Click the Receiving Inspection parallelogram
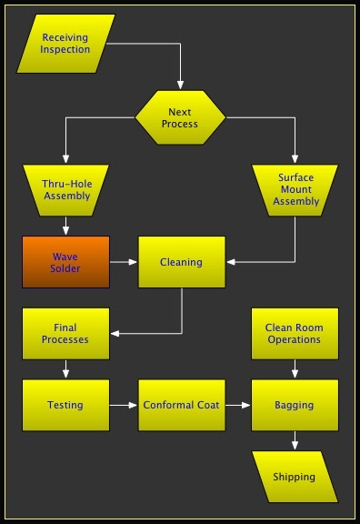click(x=65, y=43)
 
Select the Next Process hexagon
click(x=180, y=117)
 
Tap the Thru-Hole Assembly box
click(x=65, y=188)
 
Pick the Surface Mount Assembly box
click(x=295, y=188)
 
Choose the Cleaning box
click(x=182, y=262)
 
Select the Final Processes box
click(x=65, y=333)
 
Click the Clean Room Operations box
click(x=295, y=333)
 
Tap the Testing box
click(x=65, y=405)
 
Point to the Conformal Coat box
click(x=182, y=405)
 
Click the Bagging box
click(x=295, y=405)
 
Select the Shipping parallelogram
click(x=295, y=477)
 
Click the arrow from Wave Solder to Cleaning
click(x=124, y=262)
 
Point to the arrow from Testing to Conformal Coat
click(x=124, y=405)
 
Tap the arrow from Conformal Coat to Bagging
click(x=238, y=405)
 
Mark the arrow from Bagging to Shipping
click(x=295, y=441)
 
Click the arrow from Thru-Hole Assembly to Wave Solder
click(x=65, y=226)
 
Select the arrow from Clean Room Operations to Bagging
click(x=295, y=369)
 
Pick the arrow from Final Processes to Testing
click(x=65, y=369)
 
